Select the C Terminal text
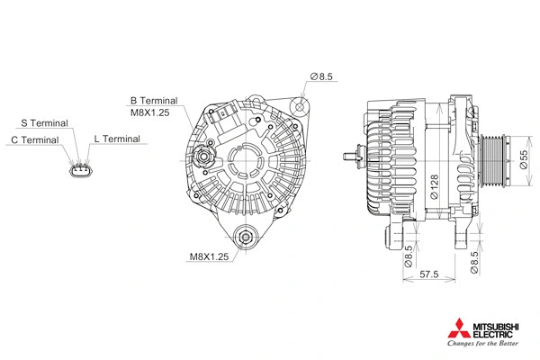(35, 140)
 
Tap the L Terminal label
(117, 139)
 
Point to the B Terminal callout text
(154, 101)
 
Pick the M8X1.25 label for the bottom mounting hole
(209, 256)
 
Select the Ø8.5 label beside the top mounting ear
(321, 77)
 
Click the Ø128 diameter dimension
(434, 184)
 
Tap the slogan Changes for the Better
(482, 343)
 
